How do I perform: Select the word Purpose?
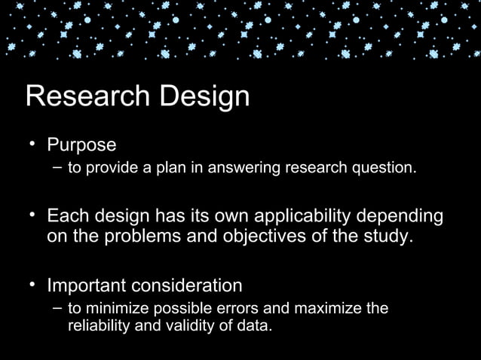(x=81, y=145)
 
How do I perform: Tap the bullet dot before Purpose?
(x=33, y=144)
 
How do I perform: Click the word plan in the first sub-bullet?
(x=175, y=167)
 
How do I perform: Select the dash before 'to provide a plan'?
(x=58, y=166)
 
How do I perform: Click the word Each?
(x=66, y=217)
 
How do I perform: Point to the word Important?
(x=87, y=286)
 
